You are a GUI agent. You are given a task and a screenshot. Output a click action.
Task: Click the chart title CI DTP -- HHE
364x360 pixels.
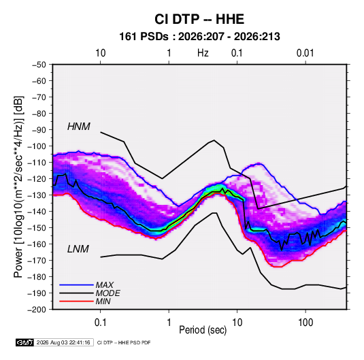point(199,19)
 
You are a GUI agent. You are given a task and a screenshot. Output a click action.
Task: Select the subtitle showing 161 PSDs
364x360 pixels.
point(199,37)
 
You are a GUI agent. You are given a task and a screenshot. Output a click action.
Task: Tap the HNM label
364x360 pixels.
point(79,127)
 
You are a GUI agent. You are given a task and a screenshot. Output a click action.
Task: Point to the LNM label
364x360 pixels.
point(78,249)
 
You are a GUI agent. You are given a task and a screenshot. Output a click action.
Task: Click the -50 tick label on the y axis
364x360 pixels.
point(39,65)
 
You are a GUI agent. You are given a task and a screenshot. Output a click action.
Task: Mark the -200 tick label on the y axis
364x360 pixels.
point(37,310)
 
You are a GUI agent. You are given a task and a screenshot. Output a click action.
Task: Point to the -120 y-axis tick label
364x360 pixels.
point(37,179)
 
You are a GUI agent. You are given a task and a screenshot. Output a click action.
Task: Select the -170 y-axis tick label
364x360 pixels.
point(37,261)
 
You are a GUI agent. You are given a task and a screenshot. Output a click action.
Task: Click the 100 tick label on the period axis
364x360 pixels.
point(305,323)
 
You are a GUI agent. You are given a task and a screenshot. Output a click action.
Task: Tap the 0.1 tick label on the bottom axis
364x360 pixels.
point(100,323)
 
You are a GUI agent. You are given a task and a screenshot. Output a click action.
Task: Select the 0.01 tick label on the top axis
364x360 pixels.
point(305,53)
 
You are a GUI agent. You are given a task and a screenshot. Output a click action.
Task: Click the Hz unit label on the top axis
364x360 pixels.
point(203,53)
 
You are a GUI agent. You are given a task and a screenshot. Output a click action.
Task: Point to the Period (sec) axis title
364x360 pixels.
point(203,330)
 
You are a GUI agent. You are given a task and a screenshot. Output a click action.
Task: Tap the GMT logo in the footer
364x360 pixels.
point(24,342)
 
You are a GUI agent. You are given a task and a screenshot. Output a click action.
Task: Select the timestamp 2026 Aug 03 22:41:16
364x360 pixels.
point(63,342)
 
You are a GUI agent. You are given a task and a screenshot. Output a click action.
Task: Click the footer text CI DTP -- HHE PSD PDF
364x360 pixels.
point(124,342)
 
